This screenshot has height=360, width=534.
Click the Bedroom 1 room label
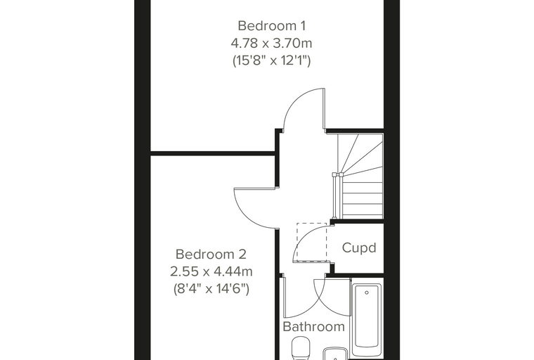pyautogui.click(x=271, y=25)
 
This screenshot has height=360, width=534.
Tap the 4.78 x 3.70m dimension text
pyautogui.click(x=271, y=44)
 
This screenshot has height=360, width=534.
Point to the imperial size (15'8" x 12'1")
pyautogui.click(x=271, y=60)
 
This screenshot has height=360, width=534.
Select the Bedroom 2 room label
pyautogui.click(x=211, y=254)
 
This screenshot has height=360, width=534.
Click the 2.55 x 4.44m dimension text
pyautogui.click(x=211, y=271)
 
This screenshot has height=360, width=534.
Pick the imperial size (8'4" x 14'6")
pyautogui.click(x=211, y=289)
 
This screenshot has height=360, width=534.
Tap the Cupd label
pyautogui.click(x=359, y=247)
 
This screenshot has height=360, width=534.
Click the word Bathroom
pyautogui.click(x=313, y=326)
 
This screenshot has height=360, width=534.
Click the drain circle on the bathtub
pyautogui.click(x=367, y=292)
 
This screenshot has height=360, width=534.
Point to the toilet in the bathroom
pyautogui.click(x=301, y=348)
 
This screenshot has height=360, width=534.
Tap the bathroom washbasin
pyautogui.click(x=335, y=354)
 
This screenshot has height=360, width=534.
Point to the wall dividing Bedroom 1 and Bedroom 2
pyautogui.click(x=213, y=153)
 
